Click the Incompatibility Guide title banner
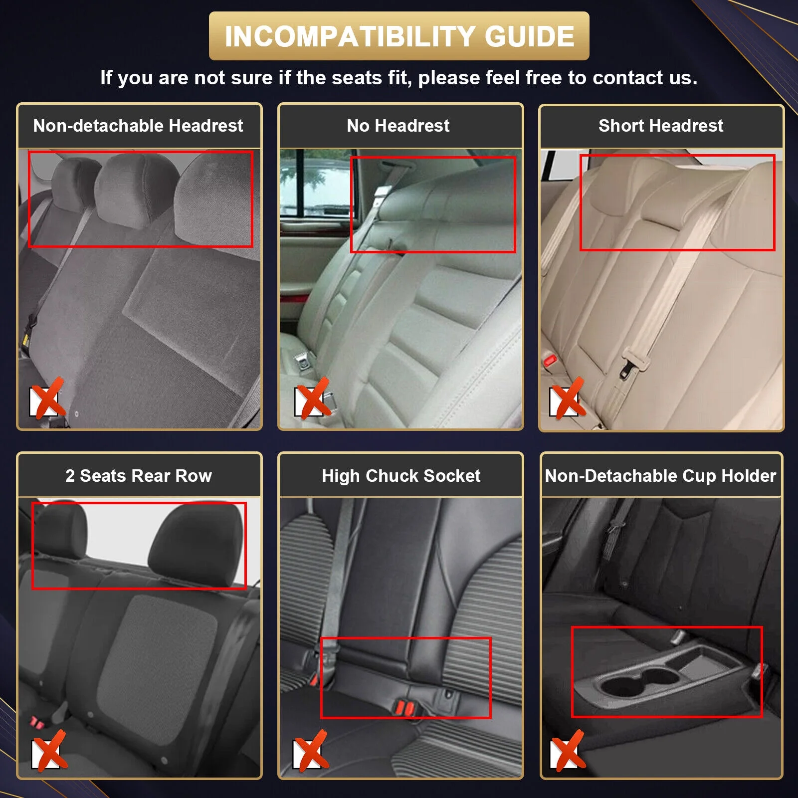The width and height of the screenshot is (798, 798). click(399, 36)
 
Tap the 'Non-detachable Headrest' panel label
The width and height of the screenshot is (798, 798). click(138, 126)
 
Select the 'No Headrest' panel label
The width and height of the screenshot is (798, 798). click(398, 126)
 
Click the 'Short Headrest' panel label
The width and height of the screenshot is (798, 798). click(661, 126)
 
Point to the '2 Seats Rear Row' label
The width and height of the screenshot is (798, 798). click(139, 476)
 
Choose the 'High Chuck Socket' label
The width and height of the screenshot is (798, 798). click(401, 476)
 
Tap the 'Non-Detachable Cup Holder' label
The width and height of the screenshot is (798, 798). click(660, 476)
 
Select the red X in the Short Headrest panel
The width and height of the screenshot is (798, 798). click(568, 399)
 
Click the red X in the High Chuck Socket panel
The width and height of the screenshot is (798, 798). click(311, 751)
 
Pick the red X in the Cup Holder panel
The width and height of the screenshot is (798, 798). click(568, 751)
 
